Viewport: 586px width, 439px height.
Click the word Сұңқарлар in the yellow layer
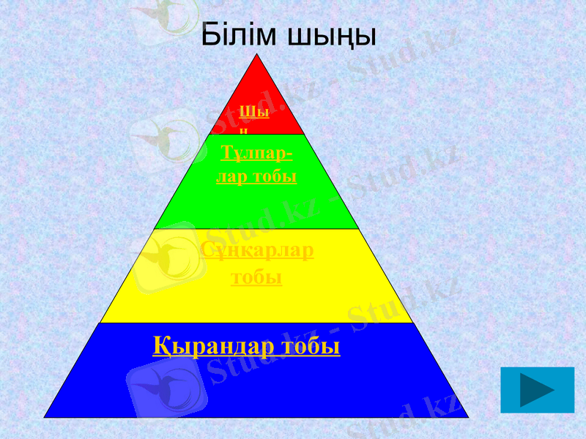(x=257, y=251)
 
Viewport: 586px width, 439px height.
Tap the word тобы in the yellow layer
(x=257, y=277)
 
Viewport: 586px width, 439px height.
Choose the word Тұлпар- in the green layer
(x=256, y=154)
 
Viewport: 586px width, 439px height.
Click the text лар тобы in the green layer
(x=256, y=176)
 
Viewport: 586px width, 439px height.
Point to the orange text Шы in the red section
(x=254, y=113)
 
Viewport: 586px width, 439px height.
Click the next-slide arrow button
(x=537, y=390)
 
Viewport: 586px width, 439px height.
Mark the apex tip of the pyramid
(x=257, y=54)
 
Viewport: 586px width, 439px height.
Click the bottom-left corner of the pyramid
(x=45, y=416)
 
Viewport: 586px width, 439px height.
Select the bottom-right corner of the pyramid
(x=467, y=416)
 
